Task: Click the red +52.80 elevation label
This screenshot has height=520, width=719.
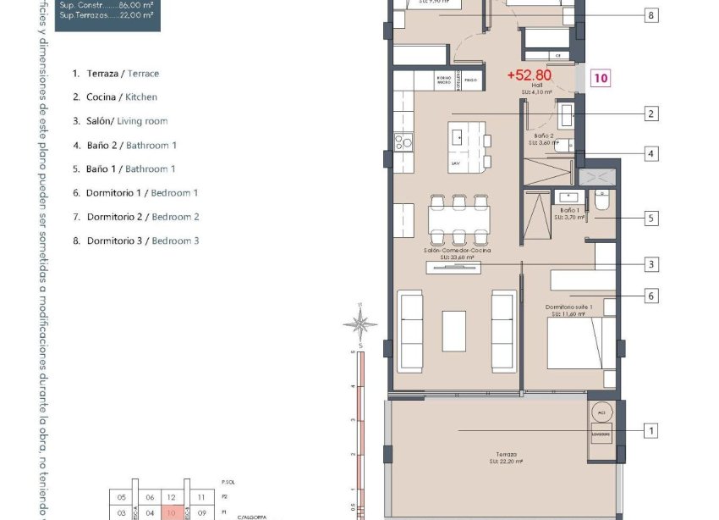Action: [x=530, y=75]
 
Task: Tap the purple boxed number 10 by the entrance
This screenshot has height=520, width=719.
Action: [x=601, y=78]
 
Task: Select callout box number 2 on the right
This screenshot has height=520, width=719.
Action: [x=650, y=113]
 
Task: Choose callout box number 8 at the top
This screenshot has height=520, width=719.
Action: [x=650, y=15]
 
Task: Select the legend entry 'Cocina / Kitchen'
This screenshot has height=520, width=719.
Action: [x=116, y=97]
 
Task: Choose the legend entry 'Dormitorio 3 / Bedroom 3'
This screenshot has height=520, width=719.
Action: [x=136, y=241]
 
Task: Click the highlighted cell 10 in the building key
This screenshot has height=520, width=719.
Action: [x=172, y=512]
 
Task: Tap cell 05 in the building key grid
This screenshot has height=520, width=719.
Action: [x=122, y=498]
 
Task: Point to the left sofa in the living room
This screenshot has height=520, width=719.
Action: [x=411, y=330]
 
